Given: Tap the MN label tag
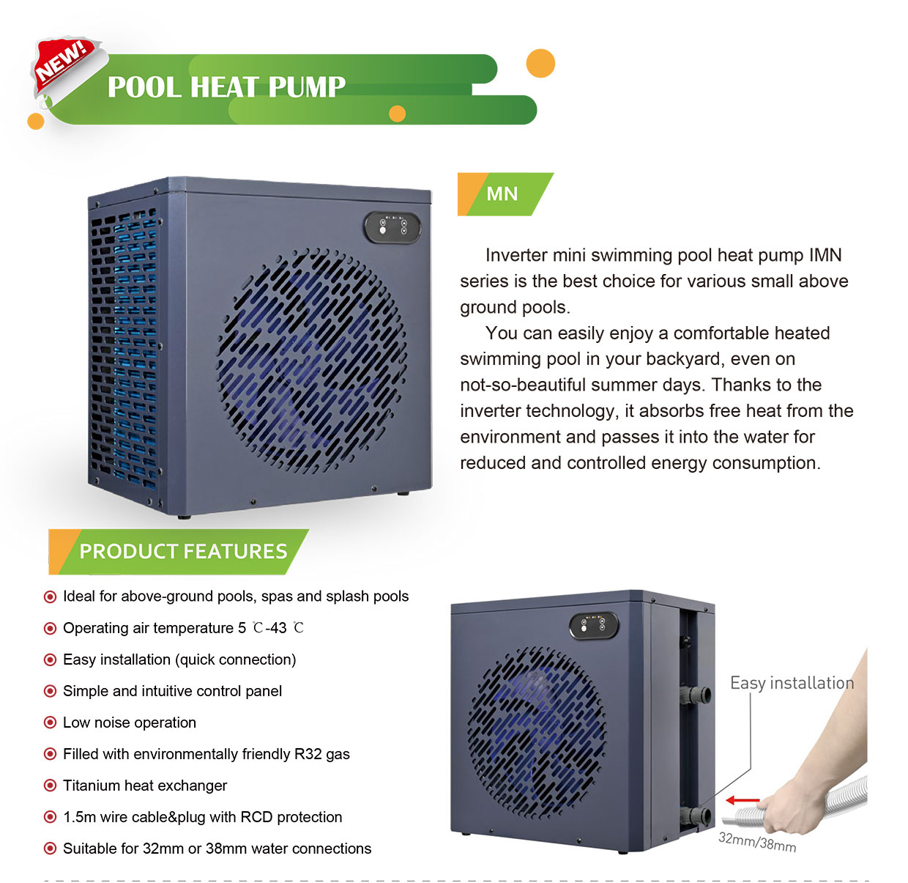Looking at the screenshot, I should click(502, 194).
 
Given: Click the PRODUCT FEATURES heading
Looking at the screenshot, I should click(183, 551).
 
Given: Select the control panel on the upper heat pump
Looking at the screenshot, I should click(392, 226).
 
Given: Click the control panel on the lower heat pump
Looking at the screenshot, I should click(594, 625).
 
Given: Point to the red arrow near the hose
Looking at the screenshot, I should click(743, 800).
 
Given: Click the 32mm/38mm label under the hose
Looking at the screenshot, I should click(756, 842).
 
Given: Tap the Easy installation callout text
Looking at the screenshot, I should click(792, 683).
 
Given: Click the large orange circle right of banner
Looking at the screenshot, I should click(540, 64).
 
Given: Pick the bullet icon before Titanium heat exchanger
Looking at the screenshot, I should click(50, 786).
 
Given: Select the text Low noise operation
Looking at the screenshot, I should click(130, 723).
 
